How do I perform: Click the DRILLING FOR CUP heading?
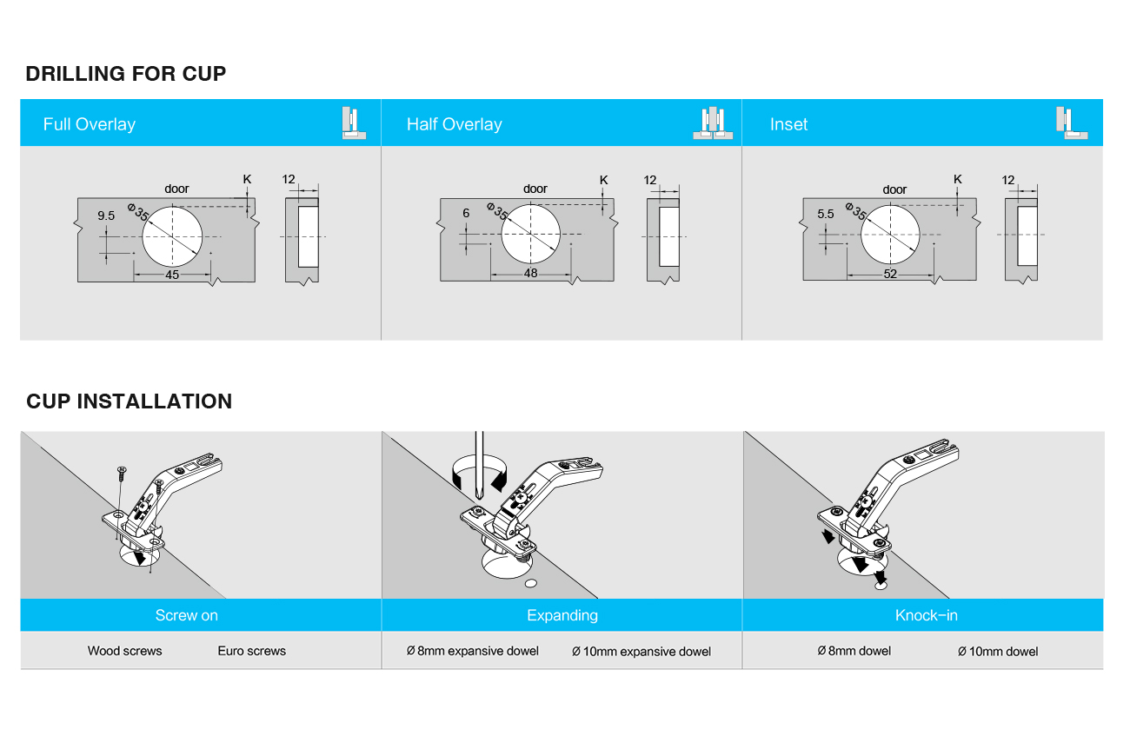[126, 74]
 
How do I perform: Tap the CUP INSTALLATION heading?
[130, 401]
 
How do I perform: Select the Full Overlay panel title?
[90, 124]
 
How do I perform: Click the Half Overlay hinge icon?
[712, 123]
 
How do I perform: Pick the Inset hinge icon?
[1072, 123]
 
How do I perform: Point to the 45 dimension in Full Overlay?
[172, 275]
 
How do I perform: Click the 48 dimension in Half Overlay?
[531, 273]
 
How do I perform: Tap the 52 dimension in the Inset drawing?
[890, 274]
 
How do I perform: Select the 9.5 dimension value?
[106, 216]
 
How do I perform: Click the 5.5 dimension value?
[826, 214]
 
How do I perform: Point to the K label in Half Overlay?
[603, 180]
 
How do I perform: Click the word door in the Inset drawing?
[894, 189]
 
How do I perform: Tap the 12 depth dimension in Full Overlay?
[289, 179]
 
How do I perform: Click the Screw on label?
[187, 615]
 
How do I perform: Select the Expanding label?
[562, 615]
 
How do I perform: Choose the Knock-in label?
[927, 615]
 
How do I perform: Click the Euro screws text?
[252, 651]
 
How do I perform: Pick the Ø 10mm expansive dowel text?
[641, 652]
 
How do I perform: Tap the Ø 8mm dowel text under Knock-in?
[854, 651]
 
